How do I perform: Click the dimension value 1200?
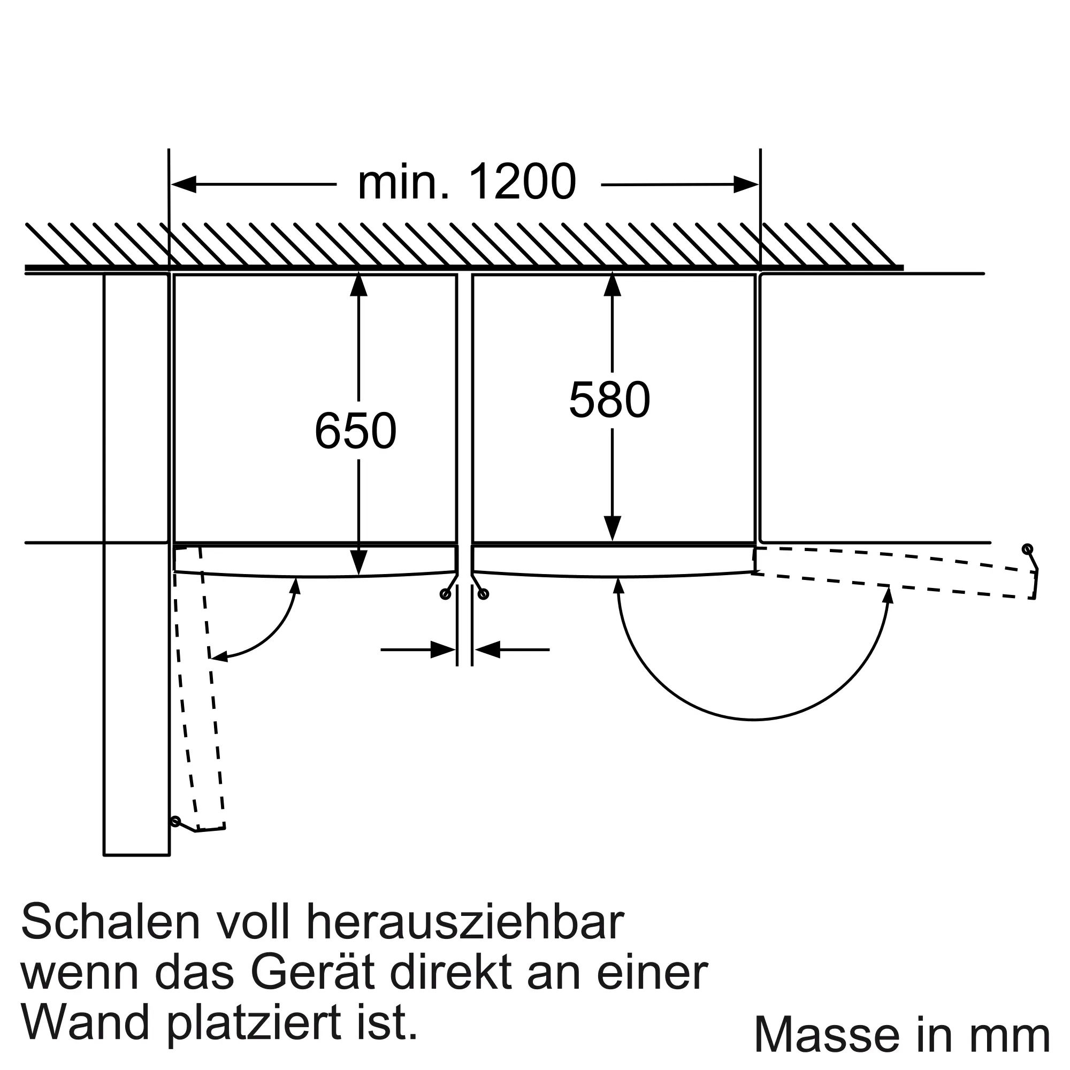522,182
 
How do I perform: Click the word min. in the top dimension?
403,182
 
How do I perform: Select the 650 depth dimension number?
356,430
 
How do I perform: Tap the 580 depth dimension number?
609,399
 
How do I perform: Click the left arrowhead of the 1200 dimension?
184,185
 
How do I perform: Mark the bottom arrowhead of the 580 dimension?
612,529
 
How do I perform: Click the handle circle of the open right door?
1027,549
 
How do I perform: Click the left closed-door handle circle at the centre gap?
445,595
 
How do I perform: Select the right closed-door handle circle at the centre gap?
484,595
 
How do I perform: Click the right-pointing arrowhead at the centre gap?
443,649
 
